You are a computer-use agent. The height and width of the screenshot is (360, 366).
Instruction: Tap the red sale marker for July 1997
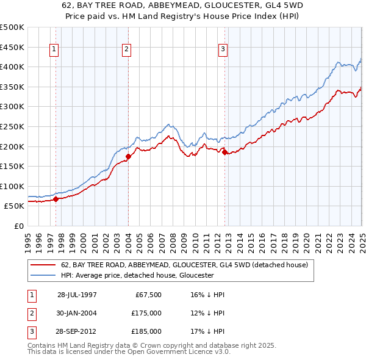point(56,198)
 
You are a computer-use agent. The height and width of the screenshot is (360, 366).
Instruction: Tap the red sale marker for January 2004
point(128,156)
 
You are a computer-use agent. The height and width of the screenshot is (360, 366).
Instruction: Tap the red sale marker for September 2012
point(224,152)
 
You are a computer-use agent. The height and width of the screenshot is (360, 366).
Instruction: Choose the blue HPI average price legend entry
point(137,275)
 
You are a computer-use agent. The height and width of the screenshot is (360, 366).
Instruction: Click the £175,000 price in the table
point(146,313)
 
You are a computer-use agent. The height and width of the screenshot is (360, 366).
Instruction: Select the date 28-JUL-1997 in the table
point(77,295)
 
